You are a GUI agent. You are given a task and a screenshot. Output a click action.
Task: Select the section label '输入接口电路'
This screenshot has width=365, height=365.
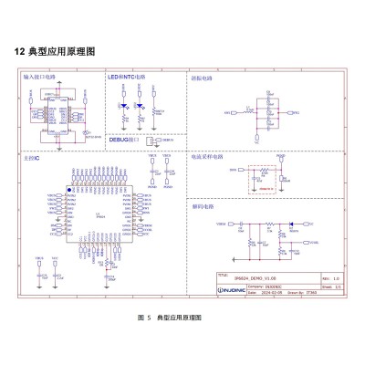[x=38, y=79]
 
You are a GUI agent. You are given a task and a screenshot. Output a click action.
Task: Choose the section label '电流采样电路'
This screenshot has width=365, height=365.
[x=206, y=156]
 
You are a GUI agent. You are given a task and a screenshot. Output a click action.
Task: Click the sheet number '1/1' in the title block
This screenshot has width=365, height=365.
[x=336, y=287]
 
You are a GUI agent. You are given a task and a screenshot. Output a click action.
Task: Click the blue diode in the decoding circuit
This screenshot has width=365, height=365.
[x=290, y=224]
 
